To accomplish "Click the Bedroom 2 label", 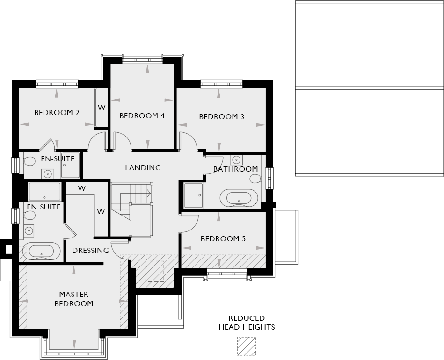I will point(57,113).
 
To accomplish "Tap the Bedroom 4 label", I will point(142,116).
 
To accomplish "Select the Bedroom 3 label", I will point(222,116).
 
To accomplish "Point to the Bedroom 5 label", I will point(223,239).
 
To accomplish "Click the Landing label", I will point(143,167).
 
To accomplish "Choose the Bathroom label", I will point(235,169).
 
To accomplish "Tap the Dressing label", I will point(90,251).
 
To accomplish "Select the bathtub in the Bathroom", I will point(239,198).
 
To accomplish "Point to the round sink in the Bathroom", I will point(237,159).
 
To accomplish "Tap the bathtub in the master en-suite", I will point(42,251).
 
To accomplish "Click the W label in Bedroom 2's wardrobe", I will point(101,107).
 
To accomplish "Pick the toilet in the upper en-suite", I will point(29,161).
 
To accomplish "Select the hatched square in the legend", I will point(247,346).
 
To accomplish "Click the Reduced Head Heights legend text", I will point(247,323).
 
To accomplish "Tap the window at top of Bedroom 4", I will point(143,58).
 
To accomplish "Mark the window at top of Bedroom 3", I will point(222,84).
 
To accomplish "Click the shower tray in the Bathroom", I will point(193,195).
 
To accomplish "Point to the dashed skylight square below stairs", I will point(155,271).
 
